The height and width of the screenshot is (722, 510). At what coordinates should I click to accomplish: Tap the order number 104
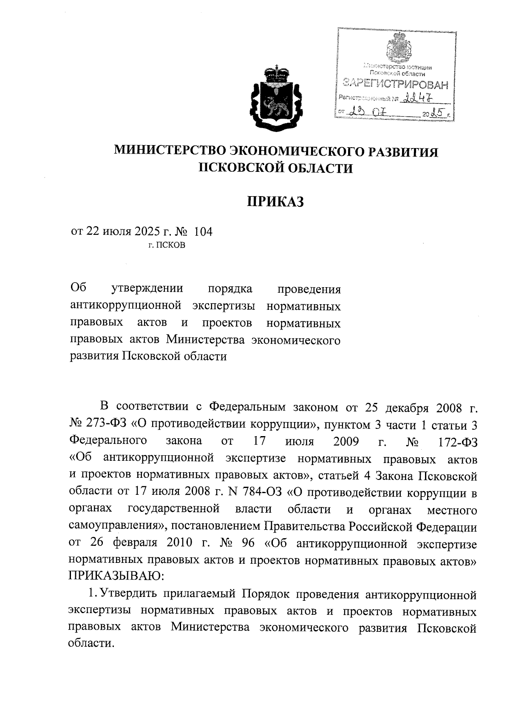[203, 232]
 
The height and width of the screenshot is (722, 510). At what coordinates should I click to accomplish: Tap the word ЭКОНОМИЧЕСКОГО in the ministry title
[298, 151]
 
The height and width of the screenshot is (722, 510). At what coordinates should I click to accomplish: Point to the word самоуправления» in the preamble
[113, 527]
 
